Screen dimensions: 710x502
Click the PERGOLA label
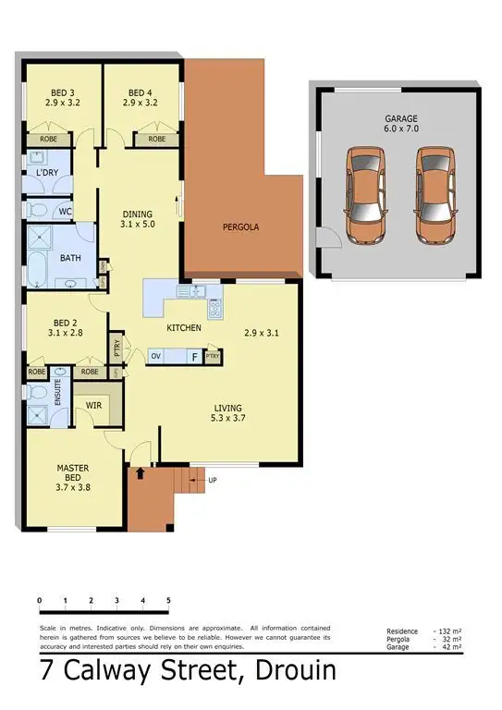[239, 226]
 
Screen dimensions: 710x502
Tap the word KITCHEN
[184, 329]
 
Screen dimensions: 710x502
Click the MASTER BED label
[73, 475]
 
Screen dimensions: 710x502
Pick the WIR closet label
[93, 404]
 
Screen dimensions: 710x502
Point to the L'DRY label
[47, 174]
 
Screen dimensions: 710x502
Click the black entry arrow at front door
[140, 474]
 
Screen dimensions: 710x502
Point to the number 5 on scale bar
[168, 601]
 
